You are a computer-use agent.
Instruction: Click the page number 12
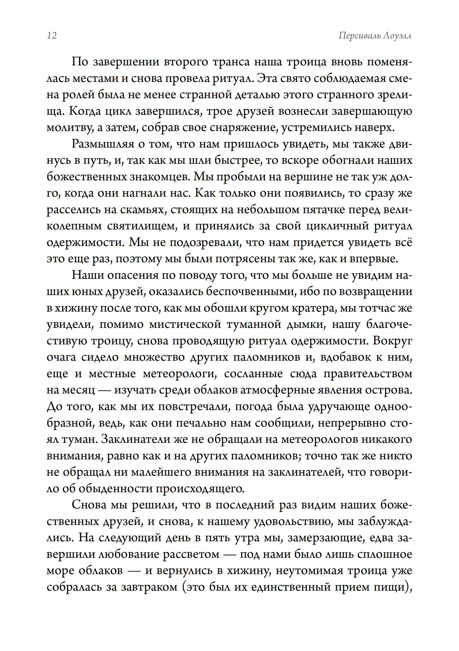(52, 36)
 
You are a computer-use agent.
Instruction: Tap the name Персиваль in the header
(358, 36)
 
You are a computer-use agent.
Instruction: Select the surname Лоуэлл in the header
(397, 36)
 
